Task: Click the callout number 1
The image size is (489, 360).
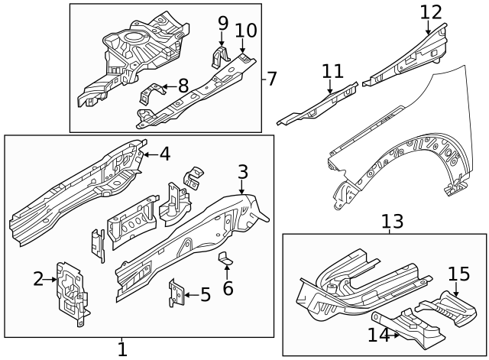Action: click(x=122, y=349)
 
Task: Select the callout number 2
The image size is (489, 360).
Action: click(x=39, y=279)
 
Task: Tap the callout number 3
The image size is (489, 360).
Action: click(x=242, y=172)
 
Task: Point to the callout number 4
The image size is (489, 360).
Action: click(x=164, y=154)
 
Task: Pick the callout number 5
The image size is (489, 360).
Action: click(x=205, y=294)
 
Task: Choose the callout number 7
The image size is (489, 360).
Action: click(x=273, y=78)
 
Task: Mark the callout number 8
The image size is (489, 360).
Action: click(x=183, y=86)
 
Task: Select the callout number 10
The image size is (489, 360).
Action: click(x=245, y=31)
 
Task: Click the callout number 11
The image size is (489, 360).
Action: click(x=332, y=72)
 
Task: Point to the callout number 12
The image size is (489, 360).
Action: click(x=431, y=12)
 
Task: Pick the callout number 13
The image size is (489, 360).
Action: click(x=392, y=222)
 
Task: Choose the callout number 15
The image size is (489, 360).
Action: click(x=458, y=274)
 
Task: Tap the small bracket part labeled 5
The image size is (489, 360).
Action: click(x=176, y=293)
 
